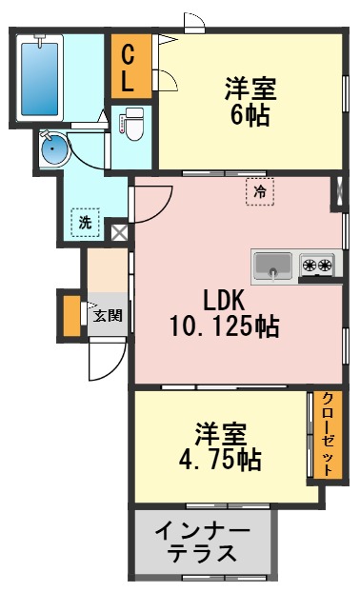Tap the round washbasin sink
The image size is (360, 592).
tap(53, 148)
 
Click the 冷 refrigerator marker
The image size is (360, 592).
tap(259, 190)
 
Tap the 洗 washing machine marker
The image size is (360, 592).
tap(85, 224)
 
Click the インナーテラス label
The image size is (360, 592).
tap(202, 543)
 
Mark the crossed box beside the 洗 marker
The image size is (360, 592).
tap(118, 230)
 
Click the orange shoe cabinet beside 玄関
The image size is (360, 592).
tap(70, 316)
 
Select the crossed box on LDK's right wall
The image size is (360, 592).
tap(337, 191)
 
